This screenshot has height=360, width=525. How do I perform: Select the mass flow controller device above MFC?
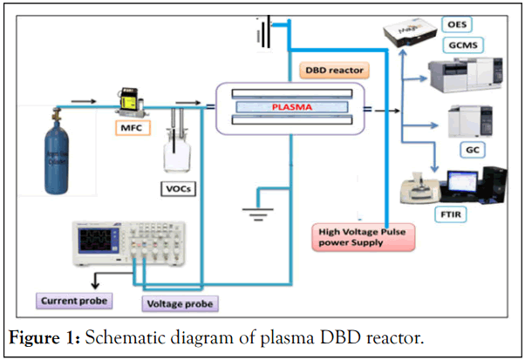133,103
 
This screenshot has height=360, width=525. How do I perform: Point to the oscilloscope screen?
93,240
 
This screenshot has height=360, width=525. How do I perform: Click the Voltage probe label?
180,304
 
